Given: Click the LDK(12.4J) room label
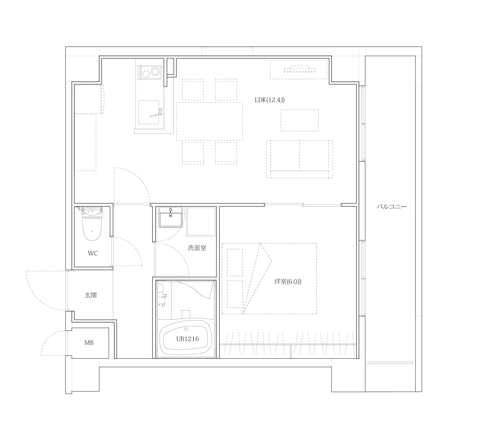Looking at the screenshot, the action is click(x=270, y=100).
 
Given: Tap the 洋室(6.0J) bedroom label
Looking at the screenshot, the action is click(x=288, y=281).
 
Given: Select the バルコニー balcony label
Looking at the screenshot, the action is click(x=392, y=206).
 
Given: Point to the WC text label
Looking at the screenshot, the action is click(x=93, y=253).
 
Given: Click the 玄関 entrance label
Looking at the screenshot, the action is click(x=91, y=295).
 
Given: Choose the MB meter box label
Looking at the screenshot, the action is click(x=89, y=343).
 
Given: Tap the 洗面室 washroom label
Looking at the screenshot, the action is click(x=197, y=248).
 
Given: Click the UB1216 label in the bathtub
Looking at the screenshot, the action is click(x=187, y=339).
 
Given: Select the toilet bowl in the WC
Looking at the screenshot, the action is click(x=92, y=227).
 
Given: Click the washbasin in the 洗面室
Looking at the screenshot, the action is click(x=171, y=217).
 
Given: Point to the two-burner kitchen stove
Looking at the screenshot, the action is click(x=149, y=72).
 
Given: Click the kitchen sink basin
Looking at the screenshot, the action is click(x=148, y=112).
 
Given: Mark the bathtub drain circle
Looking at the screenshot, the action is click(x=186, y=329).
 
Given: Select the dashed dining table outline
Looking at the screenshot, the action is click(x=210, y=121).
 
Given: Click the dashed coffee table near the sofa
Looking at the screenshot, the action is click(x=300, y=120).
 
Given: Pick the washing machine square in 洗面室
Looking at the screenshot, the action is click(x=201, y=221).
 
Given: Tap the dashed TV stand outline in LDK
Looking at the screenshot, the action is click(x=299, y=69).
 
